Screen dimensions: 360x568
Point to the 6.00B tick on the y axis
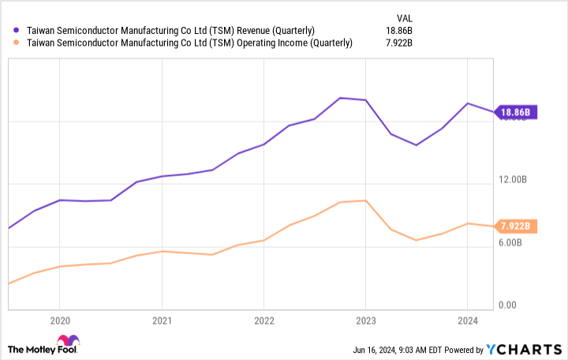click(515, 244)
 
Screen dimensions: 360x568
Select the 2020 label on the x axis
click(59, 321)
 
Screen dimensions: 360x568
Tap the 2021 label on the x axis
click(162, 321)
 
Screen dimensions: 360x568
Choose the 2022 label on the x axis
click(263, 321)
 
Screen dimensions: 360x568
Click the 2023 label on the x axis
click(365, 321)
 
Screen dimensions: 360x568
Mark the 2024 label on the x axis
click(467, 321)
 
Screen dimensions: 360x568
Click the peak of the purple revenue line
click(340, 98)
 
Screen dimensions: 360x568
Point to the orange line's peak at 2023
click(364, 201)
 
